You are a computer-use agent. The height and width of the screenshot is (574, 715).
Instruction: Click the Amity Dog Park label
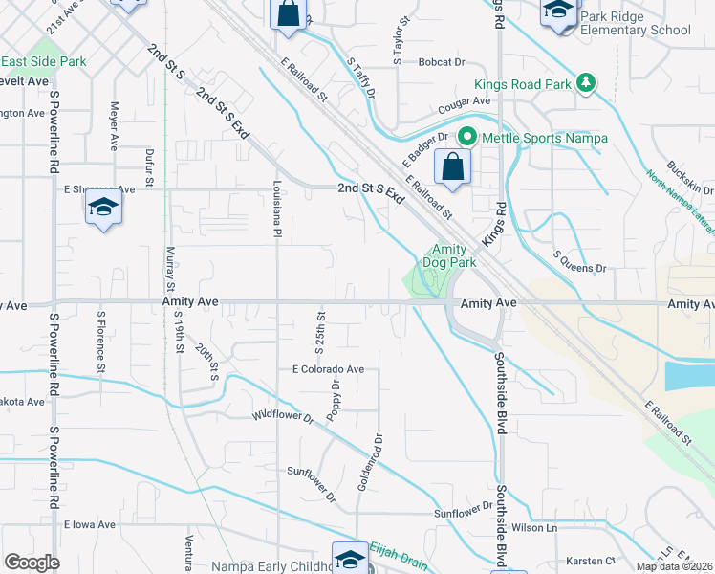[x=449, y=254]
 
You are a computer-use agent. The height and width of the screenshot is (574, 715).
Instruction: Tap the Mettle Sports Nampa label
[x=544, y=138]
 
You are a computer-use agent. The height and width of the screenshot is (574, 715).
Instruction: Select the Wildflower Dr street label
[x=283, y=416]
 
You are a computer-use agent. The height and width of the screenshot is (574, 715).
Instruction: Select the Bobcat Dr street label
[x=441, y=62]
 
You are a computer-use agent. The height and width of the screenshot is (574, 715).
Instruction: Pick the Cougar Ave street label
[x=465, y=101]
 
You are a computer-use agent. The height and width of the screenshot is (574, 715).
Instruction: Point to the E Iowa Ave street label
[x=90, y=525]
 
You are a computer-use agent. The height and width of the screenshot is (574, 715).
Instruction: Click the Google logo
[x=32, y=563]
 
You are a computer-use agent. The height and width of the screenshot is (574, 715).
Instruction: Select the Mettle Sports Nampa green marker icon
[x=467, y=137]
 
